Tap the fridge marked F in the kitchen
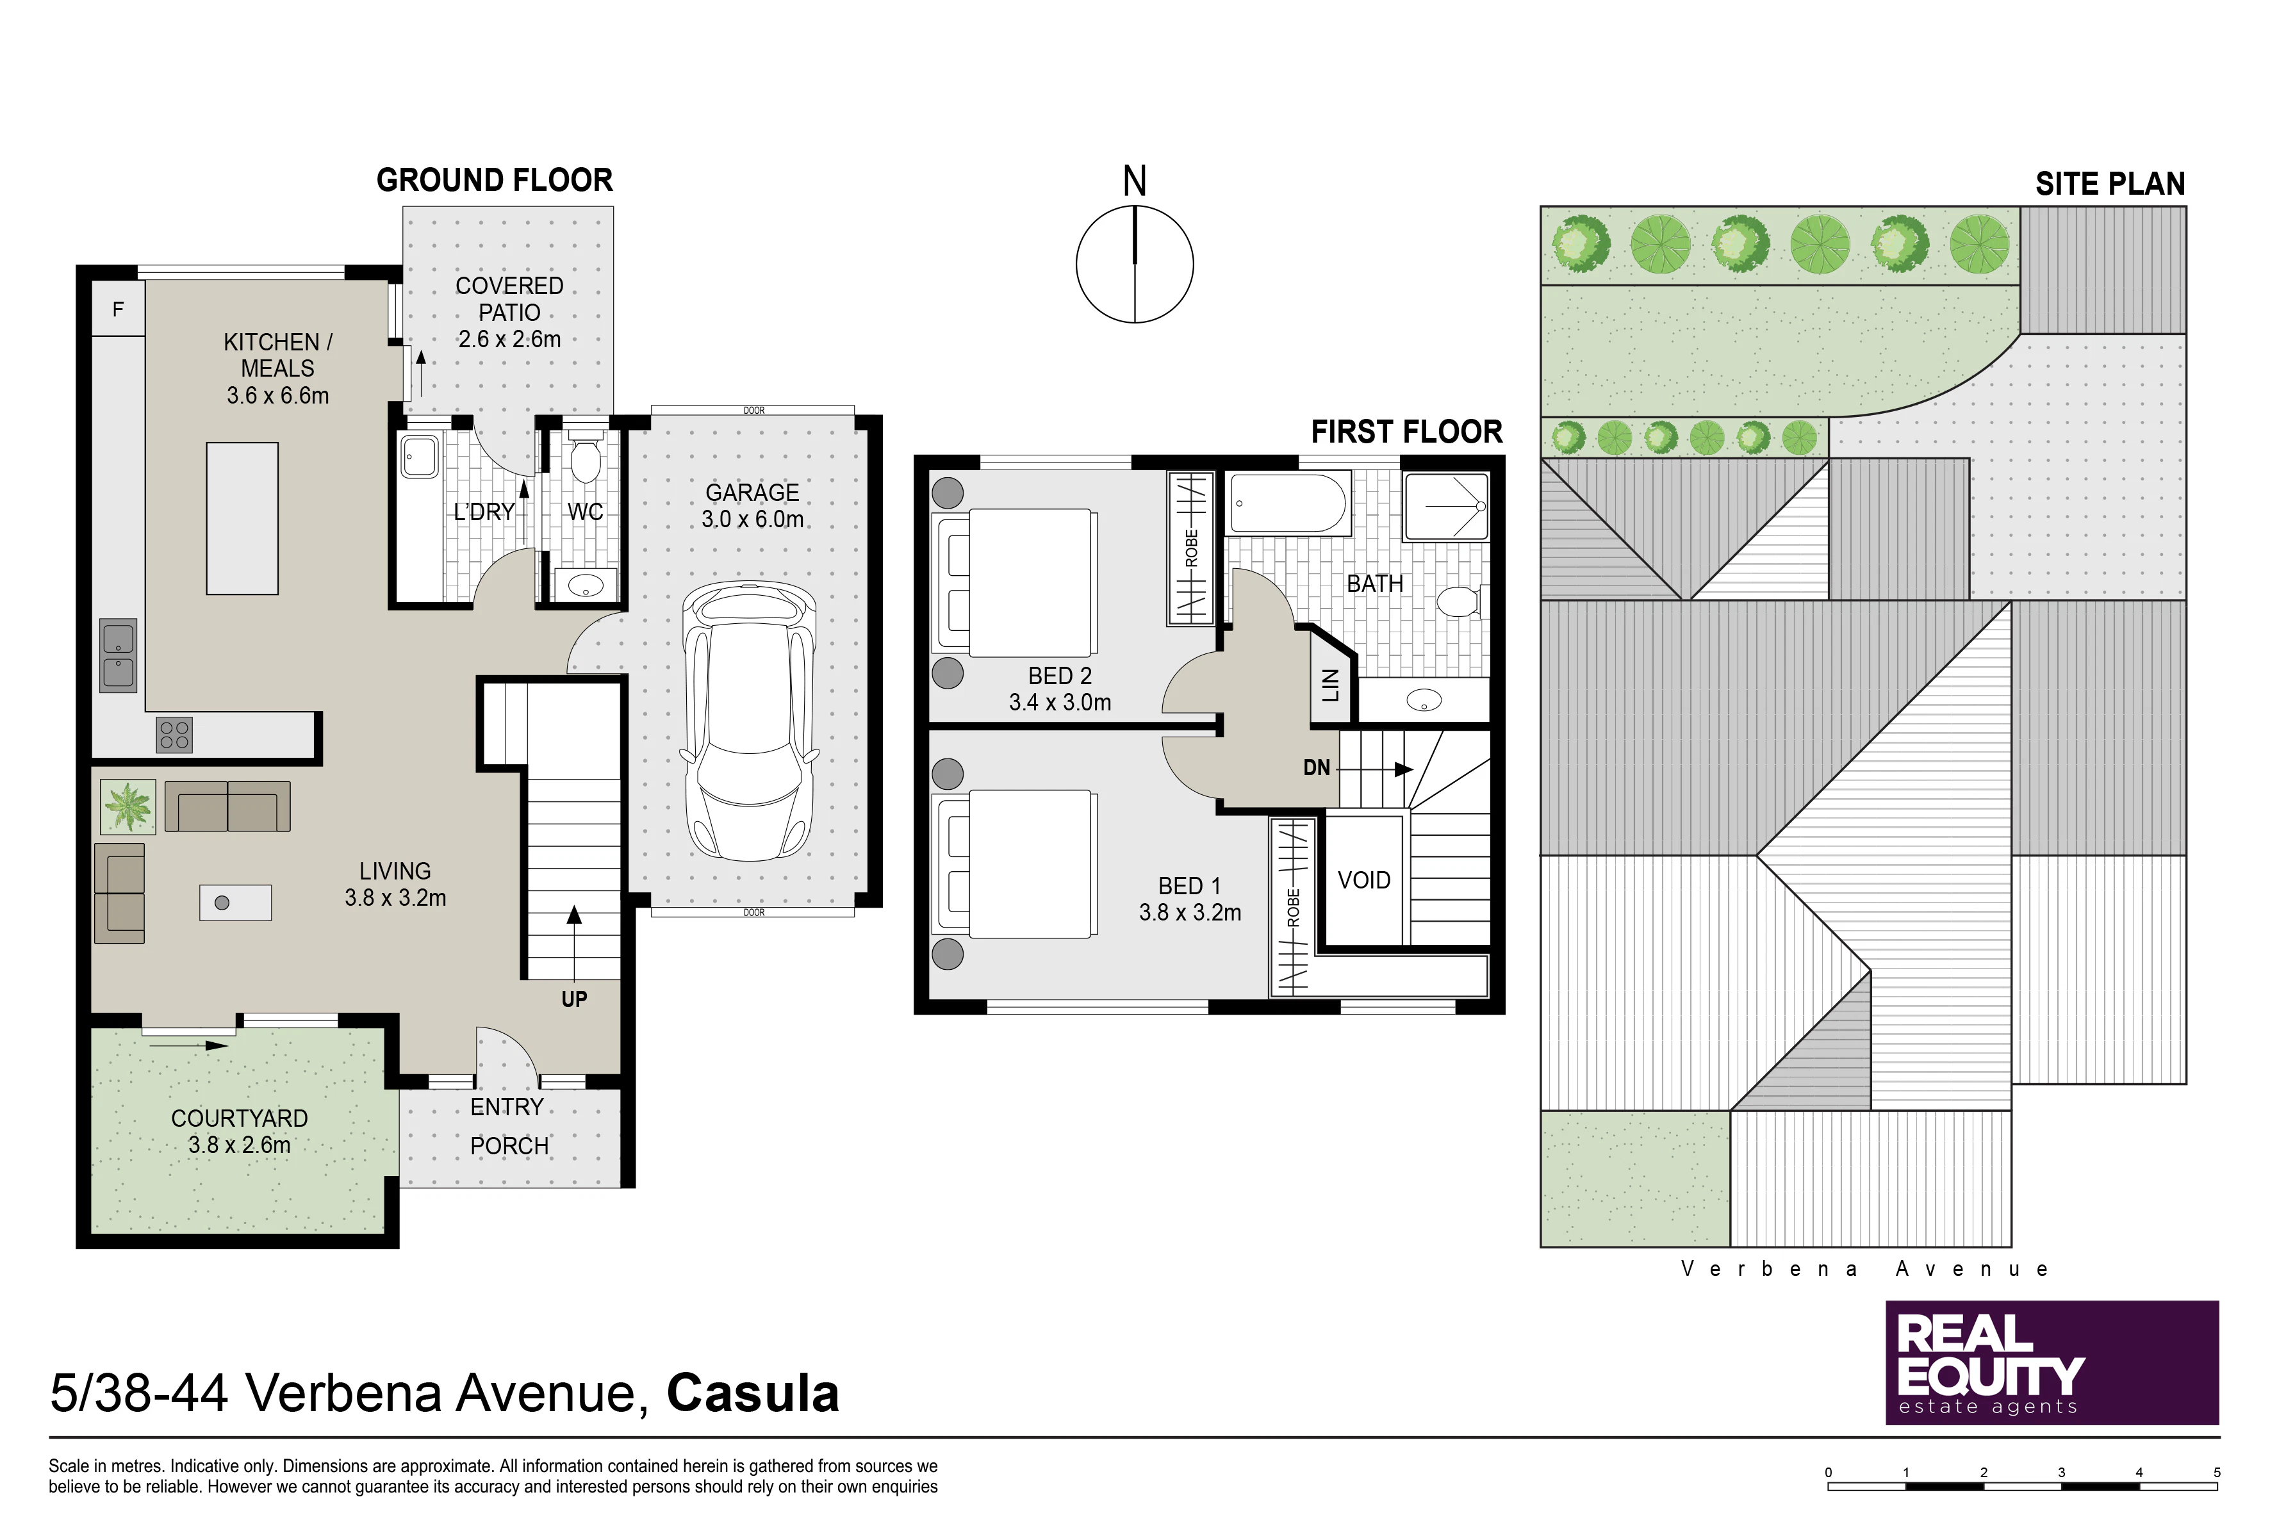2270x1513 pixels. coord(118,309)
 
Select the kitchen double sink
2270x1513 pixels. coord(119,655)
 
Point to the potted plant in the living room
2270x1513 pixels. coord(127,806)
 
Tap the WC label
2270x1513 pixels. coord(585,512)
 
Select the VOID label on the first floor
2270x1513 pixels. coord(1364,880)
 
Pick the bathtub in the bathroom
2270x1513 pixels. coord(1290,503)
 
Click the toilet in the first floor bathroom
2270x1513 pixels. coord(1460,602)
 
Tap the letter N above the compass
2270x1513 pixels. coord(1135,181)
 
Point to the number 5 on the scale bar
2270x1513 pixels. coord(2217,1473)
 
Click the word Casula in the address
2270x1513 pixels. coord(753,1393)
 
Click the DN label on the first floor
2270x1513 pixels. coord(1317,768)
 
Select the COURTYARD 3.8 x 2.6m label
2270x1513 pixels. coord(240,1131)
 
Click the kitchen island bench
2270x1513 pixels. coord(242,518)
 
